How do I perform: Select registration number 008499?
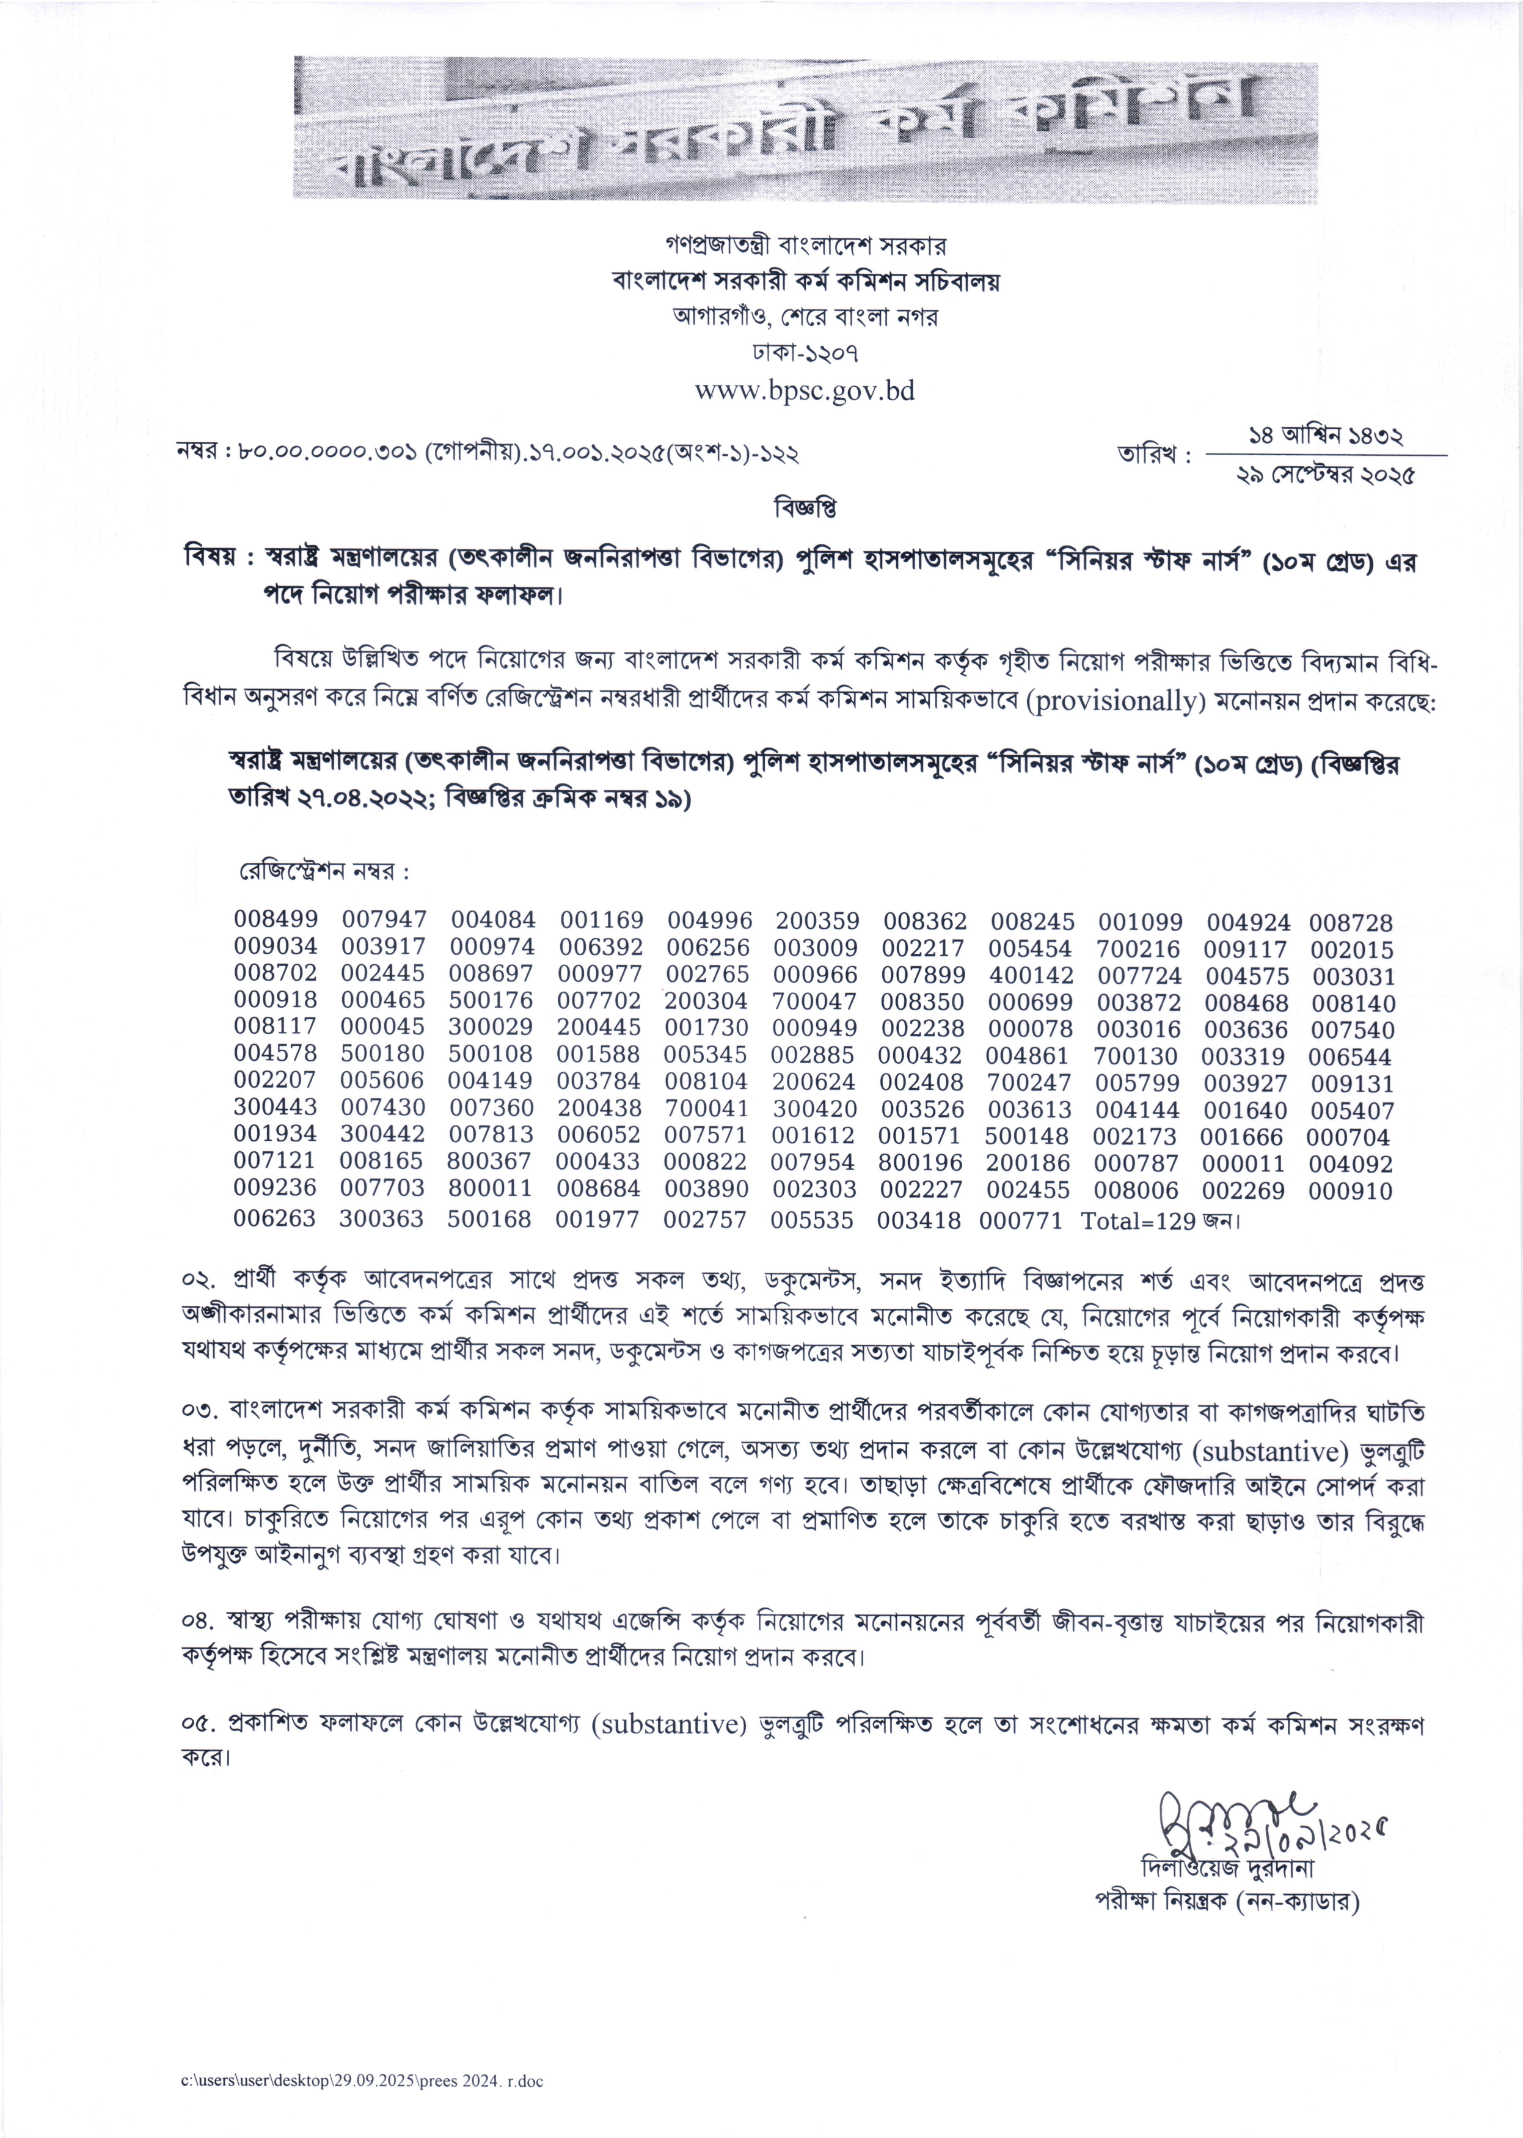pyautogui.click(x=276, y=920)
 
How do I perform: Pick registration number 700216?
pyautogui.click(x=1139, y=949)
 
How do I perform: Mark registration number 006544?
pyautogui.click(x=1351, y=1057)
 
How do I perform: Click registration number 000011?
pyautogui.click(x=1243, y=1163)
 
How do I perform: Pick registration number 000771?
pyautogui.click(x=1020, y=1220)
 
